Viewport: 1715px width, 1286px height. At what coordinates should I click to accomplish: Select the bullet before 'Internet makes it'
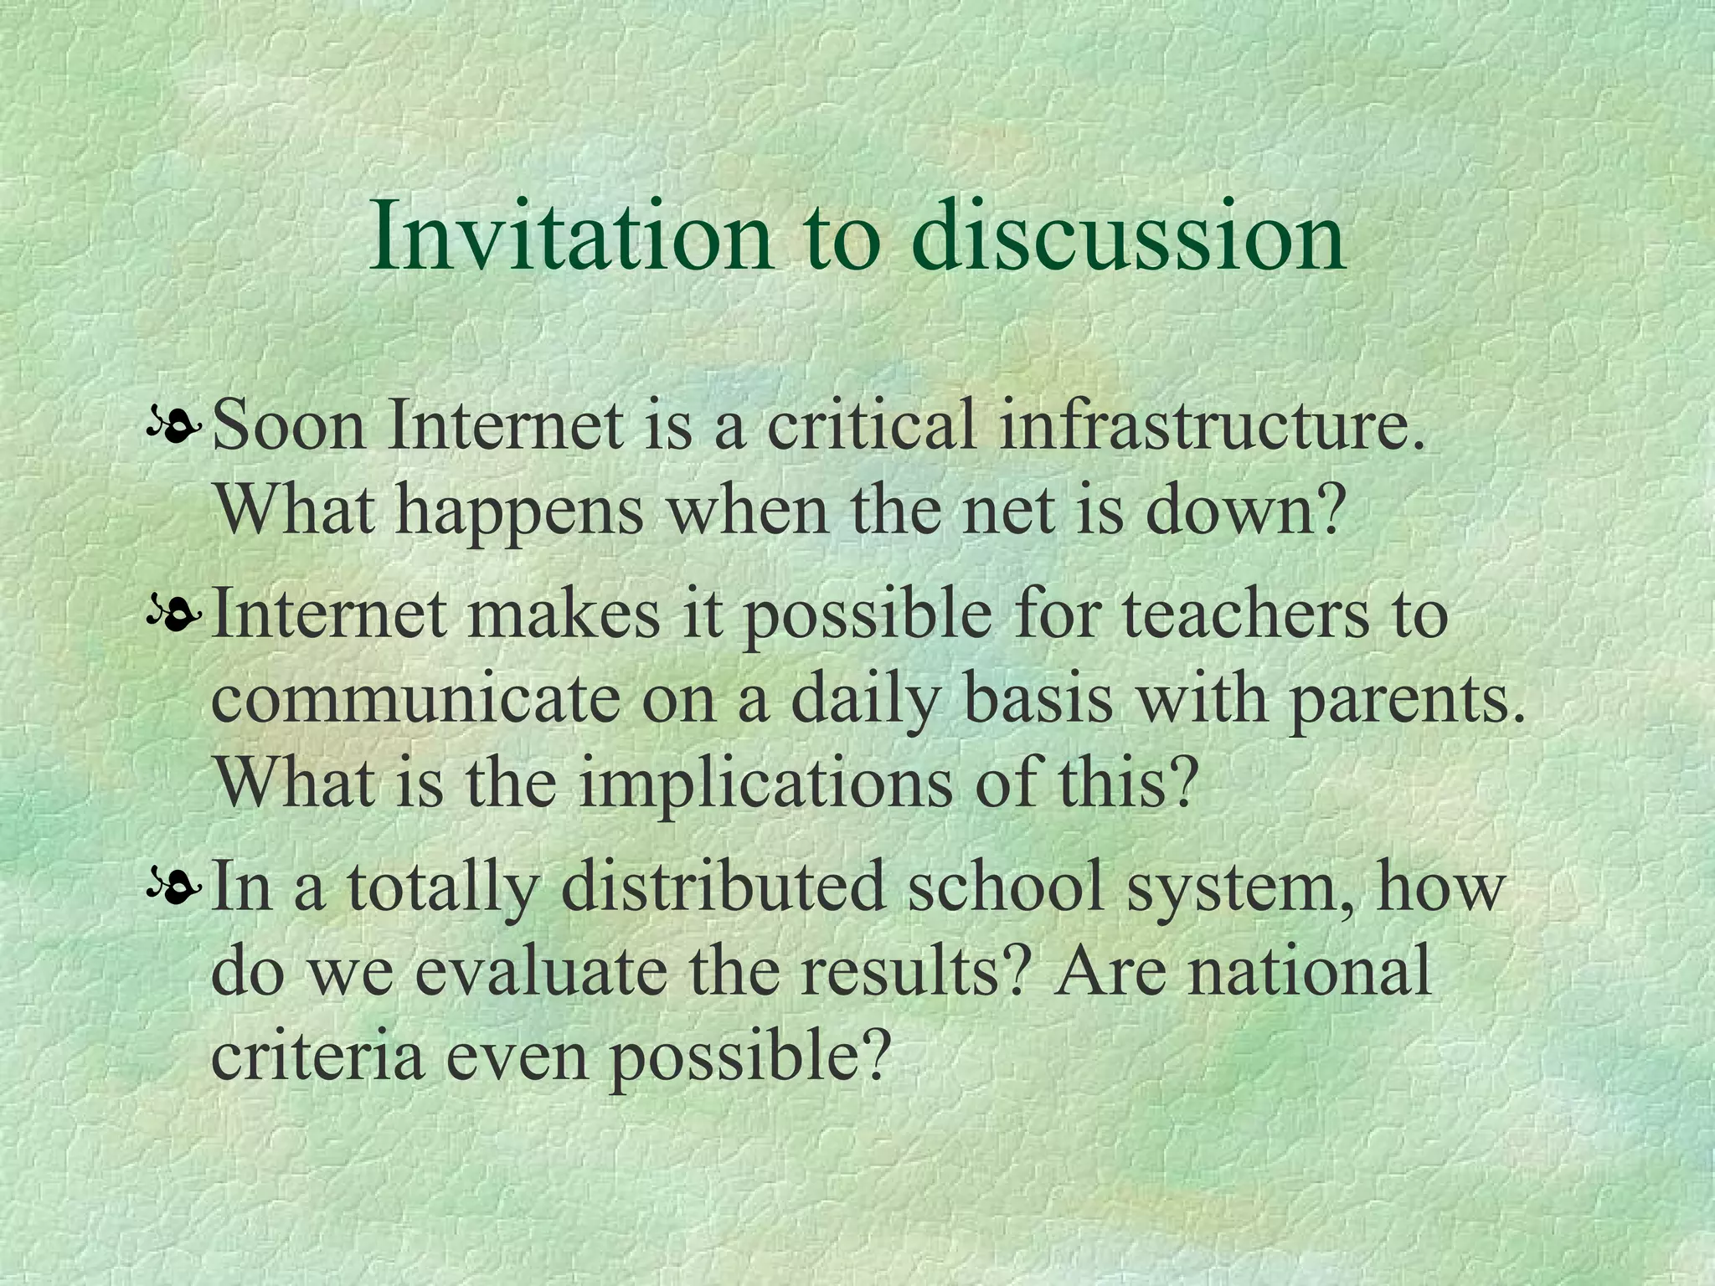[173, 618]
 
